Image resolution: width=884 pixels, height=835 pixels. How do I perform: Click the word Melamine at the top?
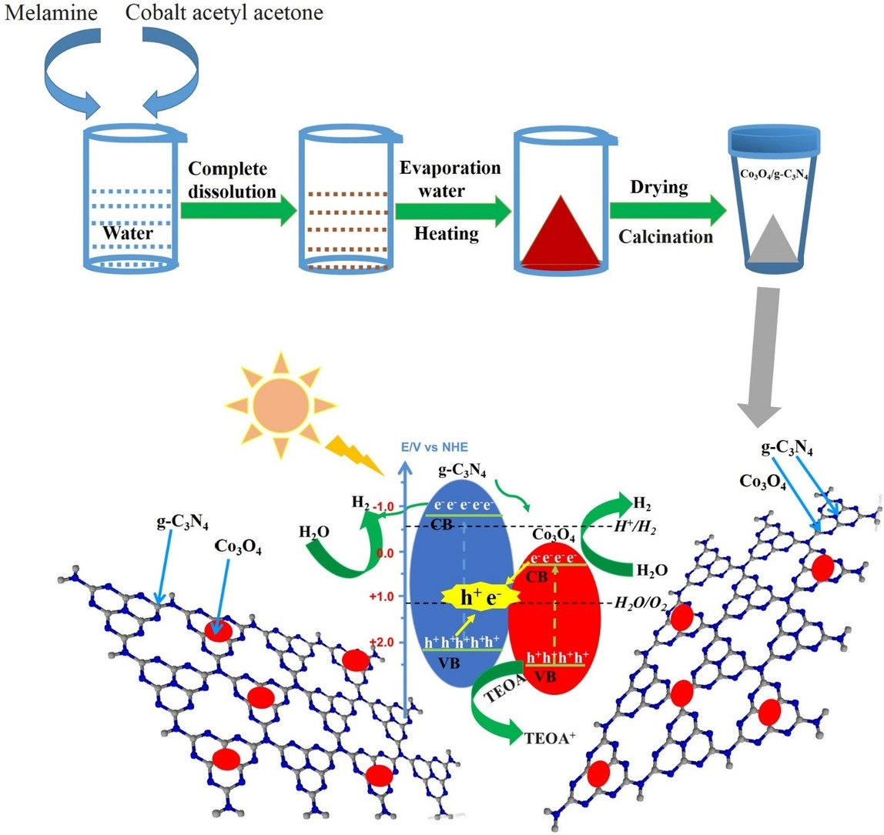[x=39, y=13]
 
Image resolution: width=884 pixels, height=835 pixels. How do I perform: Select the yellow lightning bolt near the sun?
[x=353, y=454]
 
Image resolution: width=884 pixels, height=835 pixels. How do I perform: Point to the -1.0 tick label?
[x=387, y=506]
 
